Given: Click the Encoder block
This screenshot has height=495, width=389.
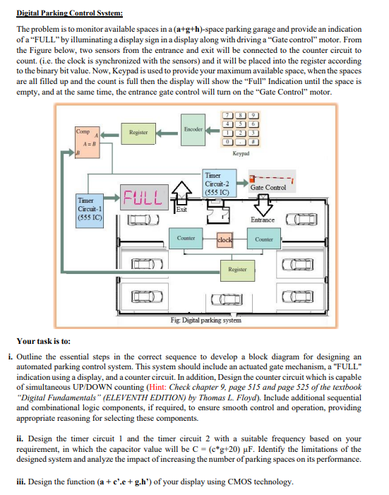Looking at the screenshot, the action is [x=193, y=130].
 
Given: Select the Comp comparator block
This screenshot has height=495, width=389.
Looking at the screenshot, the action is [x=88, y=143].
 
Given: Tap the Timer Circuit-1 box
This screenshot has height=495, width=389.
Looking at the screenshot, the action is [x=90, y=210].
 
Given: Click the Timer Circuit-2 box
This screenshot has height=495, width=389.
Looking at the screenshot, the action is [x=219, y=184].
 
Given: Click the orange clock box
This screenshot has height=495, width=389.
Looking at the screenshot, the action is [x=225, y=239].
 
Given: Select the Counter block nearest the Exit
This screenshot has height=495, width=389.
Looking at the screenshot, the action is [x=186, y=238].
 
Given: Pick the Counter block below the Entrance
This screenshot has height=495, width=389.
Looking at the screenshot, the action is [x=264, y=239].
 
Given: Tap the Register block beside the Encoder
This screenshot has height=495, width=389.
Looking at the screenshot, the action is [x=138, y=133].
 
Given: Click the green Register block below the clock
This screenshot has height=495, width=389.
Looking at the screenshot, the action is [x=237, y=270].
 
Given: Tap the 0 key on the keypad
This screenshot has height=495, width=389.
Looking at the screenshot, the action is [x=227, y=142].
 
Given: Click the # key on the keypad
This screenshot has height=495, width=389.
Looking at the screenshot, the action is [x=253, y=142].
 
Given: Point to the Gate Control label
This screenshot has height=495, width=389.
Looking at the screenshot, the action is [x=268, y=187].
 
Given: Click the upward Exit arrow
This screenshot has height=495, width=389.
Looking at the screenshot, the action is [x=181, y=192].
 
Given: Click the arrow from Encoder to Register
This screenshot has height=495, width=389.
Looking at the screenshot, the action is [x=167, y=133].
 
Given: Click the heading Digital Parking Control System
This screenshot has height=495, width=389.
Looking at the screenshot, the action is [x=69, y=13].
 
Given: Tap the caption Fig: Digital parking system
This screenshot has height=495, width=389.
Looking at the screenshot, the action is [x=206, y=320].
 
